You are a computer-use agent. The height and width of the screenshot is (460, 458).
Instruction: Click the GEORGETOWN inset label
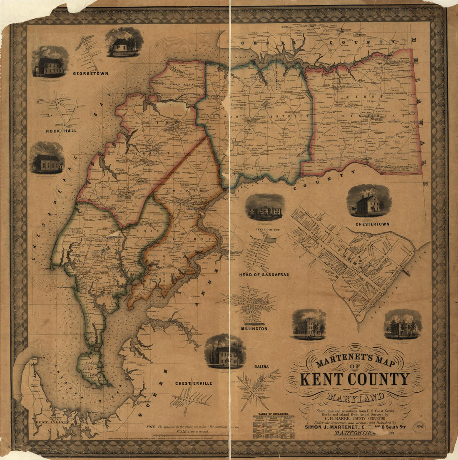pyautogui.click(x=90, y=74)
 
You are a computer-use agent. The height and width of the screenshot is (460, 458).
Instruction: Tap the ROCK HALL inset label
pyautogui.click(x=61, y=131)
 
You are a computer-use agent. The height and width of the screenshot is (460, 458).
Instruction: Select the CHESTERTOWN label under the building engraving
pyautogui.click(x=372, y=224)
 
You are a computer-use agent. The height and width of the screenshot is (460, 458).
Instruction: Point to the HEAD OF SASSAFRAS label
pyautogui.click(x=264, y=275)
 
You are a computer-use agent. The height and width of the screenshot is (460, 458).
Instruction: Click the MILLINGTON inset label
pyautogui.click(x=254, y=329)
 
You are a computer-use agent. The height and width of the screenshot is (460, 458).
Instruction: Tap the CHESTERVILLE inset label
pyautogui.click(x=194, y=383)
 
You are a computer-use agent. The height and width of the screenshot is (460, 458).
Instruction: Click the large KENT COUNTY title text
pyautogui.click(x=355, y=379)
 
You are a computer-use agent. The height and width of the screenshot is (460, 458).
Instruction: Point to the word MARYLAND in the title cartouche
pyautogui.click(x=355, y=398)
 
